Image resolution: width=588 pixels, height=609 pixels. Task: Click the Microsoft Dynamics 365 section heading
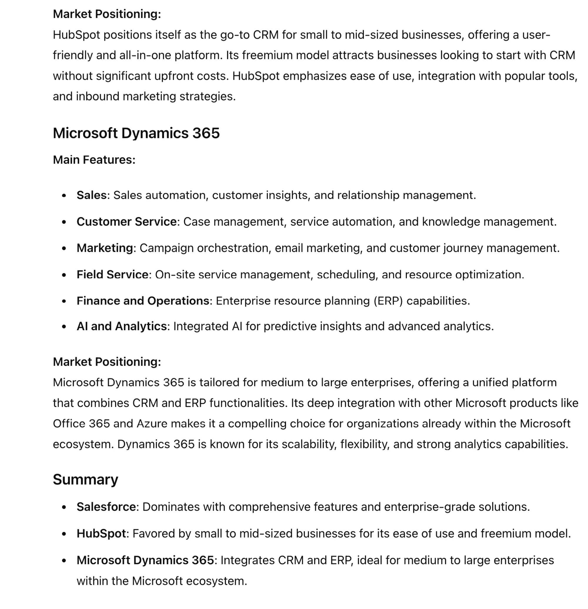[136, 133]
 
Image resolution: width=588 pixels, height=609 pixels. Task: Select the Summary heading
[86, 479]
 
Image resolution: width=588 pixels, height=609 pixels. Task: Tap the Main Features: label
[94, 160]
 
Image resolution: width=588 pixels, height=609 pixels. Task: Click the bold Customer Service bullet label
[126, 222]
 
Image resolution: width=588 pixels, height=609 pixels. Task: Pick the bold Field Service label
[112, 275]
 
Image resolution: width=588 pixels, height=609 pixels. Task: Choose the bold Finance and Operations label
[143, 301]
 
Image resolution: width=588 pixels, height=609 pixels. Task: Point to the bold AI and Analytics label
[121, 326]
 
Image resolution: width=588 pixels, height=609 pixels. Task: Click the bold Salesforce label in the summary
[106, 507]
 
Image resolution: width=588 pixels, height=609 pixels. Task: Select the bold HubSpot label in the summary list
[101, 533]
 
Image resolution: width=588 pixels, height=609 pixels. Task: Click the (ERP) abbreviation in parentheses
[388, 301]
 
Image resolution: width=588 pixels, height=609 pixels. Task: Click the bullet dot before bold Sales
[64, 196]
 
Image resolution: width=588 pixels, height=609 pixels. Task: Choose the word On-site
[175, 275]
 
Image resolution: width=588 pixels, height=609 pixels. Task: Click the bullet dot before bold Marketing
[64, 248]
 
